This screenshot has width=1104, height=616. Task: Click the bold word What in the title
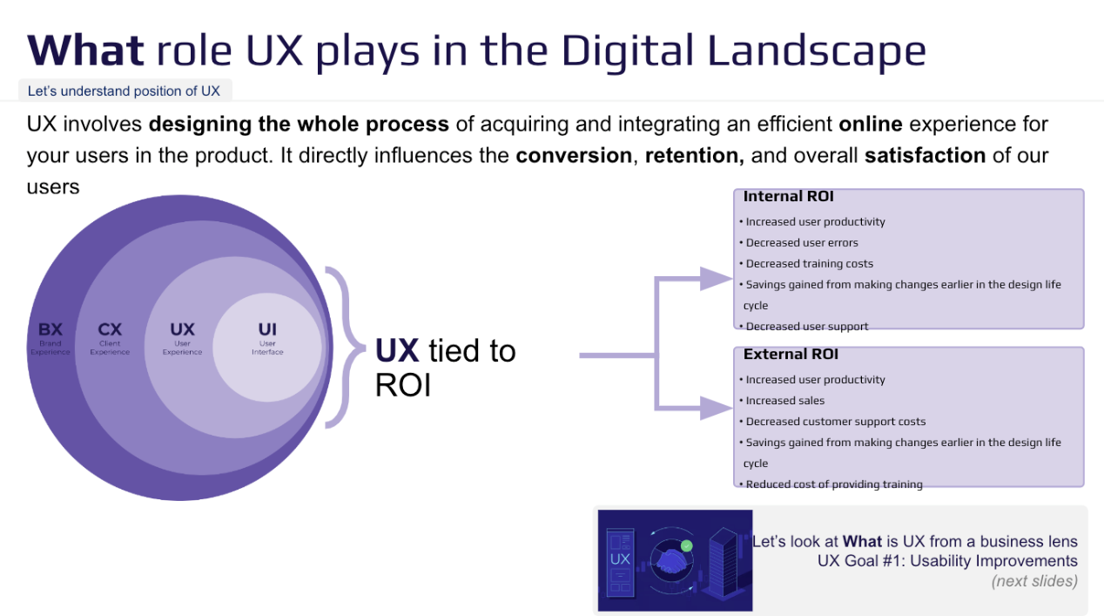tap(85, 51)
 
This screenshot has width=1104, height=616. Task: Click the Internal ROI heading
tap(788, 197)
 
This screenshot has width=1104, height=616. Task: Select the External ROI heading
tap(791, 355)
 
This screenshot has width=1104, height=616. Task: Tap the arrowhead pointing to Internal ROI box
tap(716, 279)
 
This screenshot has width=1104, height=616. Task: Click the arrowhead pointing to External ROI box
tap(716, 408)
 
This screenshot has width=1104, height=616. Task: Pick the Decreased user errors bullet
tap(802, 243)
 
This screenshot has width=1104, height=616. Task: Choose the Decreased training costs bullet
tap(809, 264)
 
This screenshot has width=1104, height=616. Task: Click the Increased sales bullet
tap(784, 401)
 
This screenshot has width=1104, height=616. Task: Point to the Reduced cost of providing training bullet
tap(833, 484)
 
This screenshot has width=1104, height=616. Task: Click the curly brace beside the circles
tap(344, 349)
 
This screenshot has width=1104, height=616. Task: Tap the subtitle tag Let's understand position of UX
tap(124, 91)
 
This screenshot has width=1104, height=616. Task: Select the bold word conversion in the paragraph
tap(573, 156)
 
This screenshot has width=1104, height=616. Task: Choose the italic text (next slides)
tap(1034, 581)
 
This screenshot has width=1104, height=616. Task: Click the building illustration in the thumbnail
tap(725, 558)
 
